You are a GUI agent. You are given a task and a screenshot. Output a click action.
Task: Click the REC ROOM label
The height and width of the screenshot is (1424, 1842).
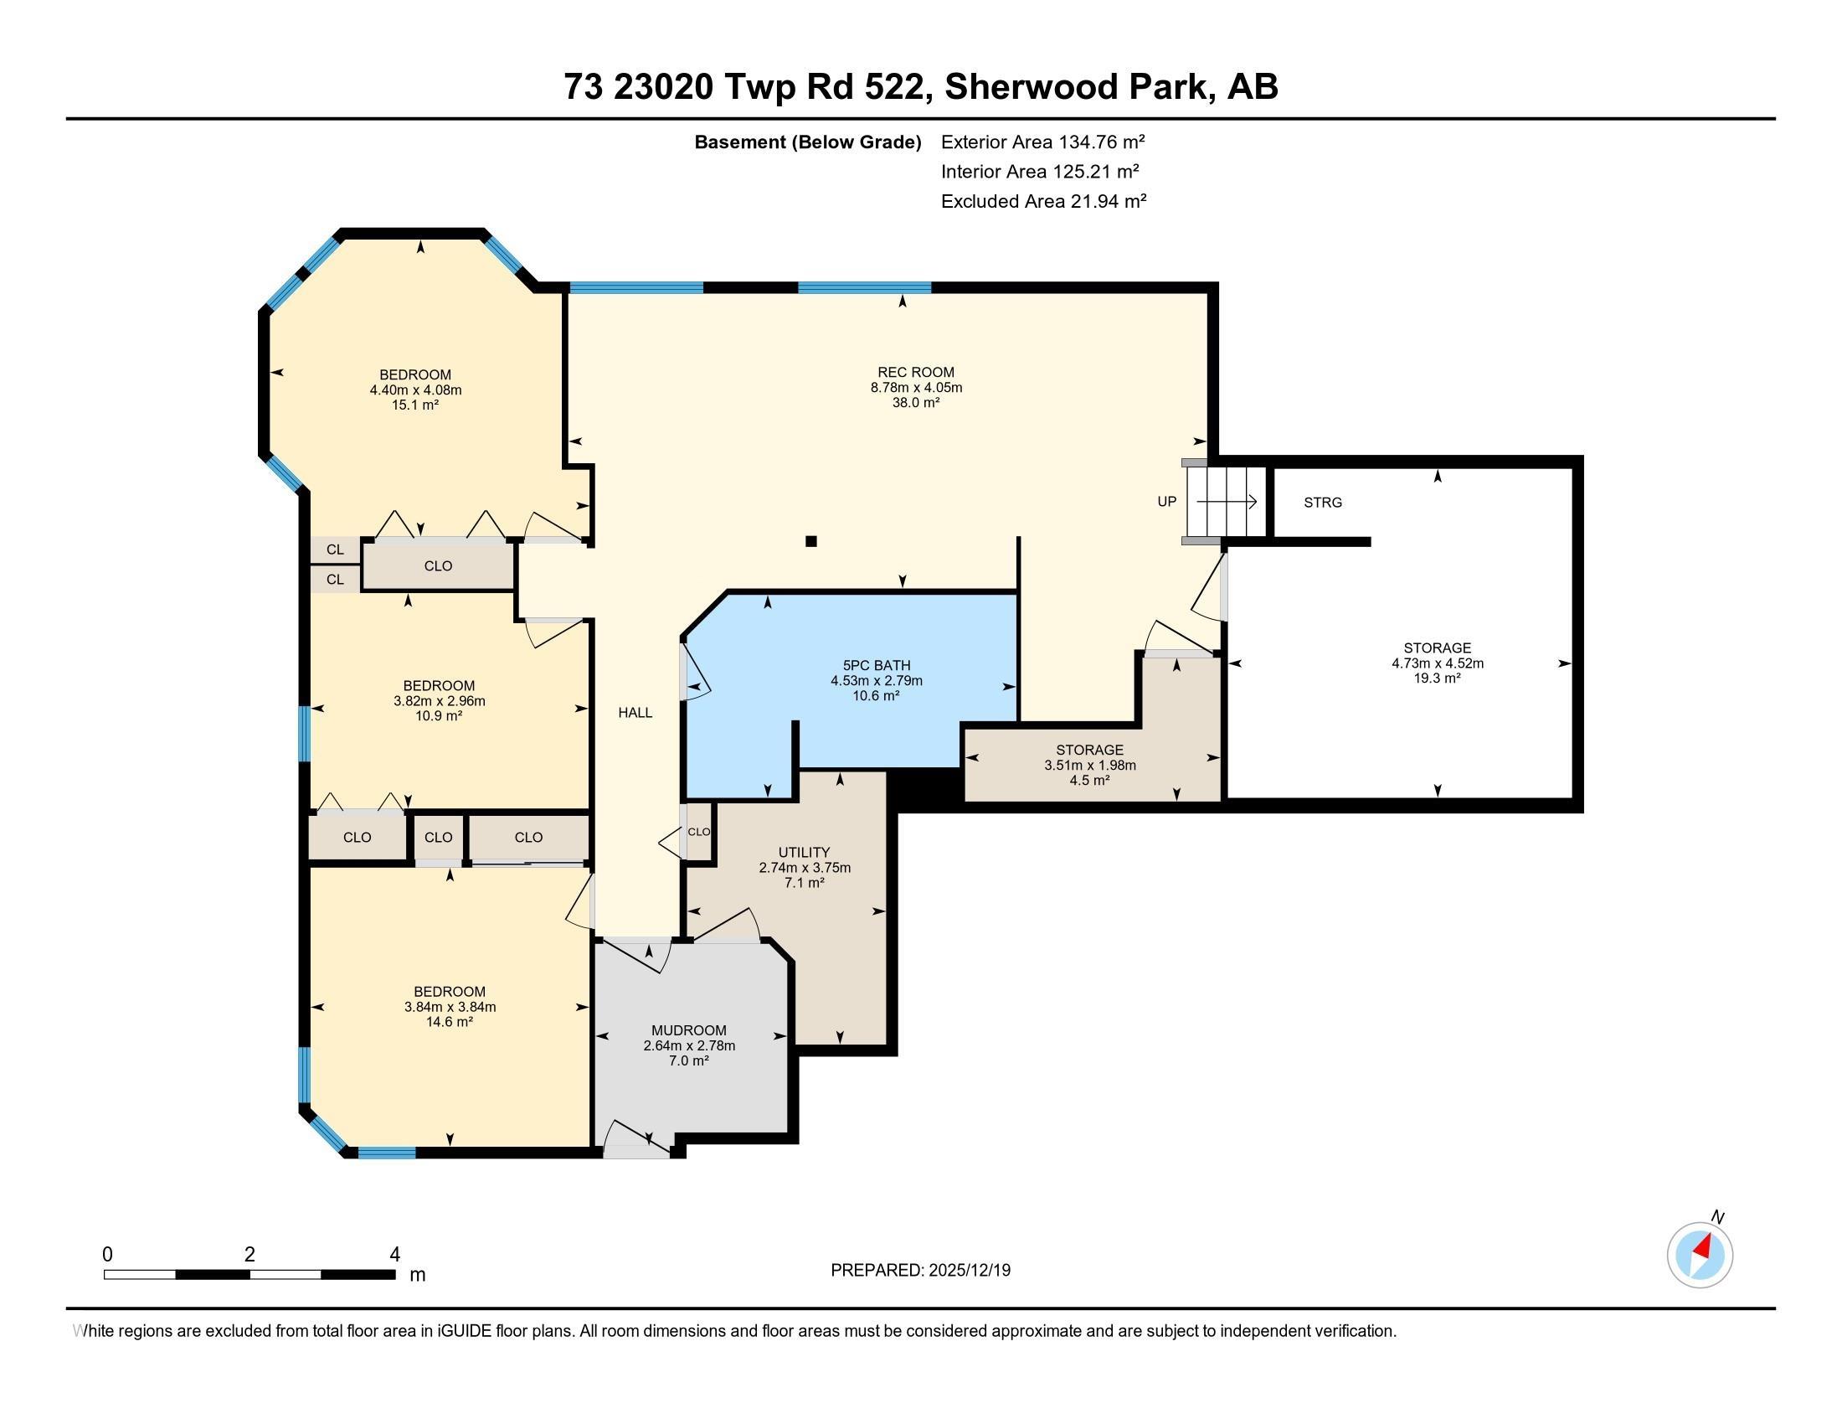coord(916,372)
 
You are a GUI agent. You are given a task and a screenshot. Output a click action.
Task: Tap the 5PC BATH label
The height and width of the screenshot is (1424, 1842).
coord(877,666)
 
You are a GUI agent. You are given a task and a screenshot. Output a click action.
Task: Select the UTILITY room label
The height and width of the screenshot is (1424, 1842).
coord(804,852)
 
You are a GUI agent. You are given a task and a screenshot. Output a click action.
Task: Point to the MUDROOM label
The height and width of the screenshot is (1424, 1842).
coord(688,1030)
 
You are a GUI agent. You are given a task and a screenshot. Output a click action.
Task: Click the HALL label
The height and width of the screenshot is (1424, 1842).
coord(635,712)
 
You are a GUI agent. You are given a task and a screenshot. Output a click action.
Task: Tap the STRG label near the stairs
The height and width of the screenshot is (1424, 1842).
coord(1321,503)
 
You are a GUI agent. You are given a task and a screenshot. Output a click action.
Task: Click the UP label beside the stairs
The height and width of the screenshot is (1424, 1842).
coord(1166,502)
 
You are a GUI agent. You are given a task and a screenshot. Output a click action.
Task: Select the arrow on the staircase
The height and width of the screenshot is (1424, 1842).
coord(1227,502)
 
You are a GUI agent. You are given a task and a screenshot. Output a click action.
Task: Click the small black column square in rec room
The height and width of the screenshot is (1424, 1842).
coord(810,542)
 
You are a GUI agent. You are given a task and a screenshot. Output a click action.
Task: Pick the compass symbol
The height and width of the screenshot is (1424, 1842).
coord(1700,1255)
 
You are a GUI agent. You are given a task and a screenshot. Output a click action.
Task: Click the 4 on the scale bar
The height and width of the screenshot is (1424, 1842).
coord(394,1255)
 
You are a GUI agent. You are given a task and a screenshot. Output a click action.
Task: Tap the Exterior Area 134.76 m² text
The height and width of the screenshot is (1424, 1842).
coord(1042,142)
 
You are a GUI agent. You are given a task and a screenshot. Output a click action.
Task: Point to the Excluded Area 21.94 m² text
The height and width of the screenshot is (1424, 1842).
coord(1043,201)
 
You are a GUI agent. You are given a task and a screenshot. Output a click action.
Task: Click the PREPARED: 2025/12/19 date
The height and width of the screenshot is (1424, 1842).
coord(920,1271)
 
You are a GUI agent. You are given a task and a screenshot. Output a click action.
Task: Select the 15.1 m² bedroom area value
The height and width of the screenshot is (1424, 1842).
coord(415,405)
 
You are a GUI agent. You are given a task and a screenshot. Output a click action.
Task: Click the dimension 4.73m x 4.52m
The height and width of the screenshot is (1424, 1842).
coord(1437,663)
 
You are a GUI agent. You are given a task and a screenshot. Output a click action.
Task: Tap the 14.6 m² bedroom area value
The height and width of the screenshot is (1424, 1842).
coord(449,1022)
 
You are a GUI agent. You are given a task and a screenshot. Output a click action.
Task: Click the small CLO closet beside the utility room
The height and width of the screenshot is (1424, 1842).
coord(699,832)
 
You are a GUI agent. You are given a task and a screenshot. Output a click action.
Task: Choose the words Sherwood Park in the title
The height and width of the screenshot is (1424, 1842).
coord(1074,87)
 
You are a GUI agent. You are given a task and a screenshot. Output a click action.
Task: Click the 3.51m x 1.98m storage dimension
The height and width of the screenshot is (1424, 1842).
coord(1089,765)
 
